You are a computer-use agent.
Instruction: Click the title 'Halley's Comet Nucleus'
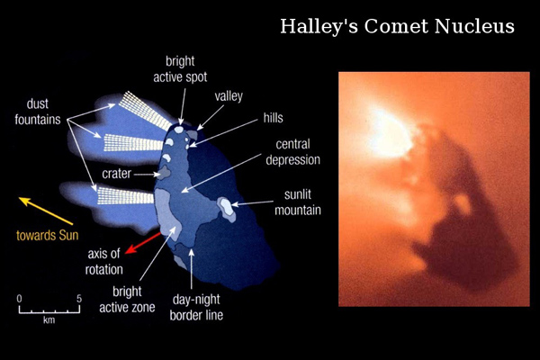[397, 26]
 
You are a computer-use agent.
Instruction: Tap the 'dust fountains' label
[38, 112]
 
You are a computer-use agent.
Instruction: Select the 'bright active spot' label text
[180, 69]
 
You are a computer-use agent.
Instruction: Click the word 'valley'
[229, 96]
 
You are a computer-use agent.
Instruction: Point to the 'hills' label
[273, 118]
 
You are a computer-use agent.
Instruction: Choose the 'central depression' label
[293, 152]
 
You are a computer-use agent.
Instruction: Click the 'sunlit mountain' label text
[298, 202]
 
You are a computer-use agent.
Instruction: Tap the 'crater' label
[116, 174]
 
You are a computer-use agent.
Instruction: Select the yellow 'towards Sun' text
[47, 235]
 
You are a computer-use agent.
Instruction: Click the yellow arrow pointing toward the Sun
[46, 211]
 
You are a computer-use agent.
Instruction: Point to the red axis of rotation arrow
[143, 243]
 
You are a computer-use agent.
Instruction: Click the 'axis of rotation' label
[103, 262]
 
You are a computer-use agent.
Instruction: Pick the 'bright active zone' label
[127, 300]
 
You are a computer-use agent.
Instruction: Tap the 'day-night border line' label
[196, 307]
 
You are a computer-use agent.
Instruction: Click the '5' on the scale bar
[79, 299]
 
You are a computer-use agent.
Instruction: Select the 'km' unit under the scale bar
[49, 320]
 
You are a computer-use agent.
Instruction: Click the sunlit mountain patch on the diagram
[227, 209]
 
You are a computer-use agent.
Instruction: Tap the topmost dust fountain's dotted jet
[145, 111]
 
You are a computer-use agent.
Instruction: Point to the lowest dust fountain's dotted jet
[125, 195]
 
